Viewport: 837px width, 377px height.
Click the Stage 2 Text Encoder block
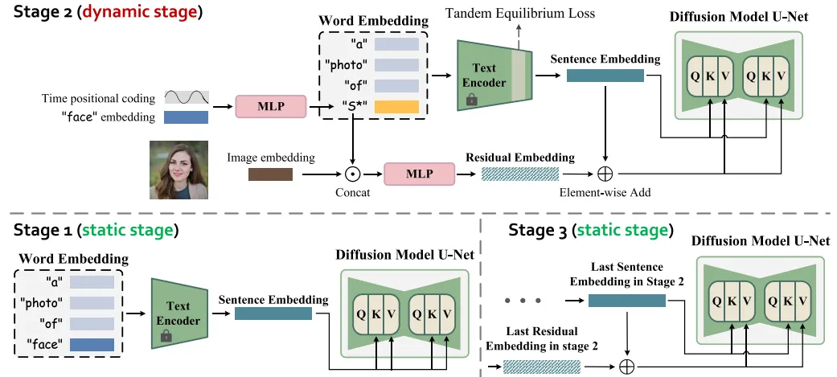[487, 76]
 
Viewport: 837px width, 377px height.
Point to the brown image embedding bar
[269, 174]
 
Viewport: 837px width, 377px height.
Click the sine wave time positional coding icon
[187, 98]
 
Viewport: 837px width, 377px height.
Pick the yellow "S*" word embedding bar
[396, 107]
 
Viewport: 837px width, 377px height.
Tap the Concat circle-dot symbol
[351, 174]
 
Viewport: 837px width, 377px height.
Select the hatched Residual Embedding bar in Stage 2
[519, 174]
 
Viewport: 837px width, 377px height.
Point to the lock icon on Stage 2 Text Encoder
[472, 100]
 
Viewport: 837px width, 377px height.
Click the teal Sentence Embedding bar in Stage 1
[273, 313]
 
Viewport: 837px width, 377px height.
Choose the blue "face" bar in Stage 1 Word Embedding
[91, 344]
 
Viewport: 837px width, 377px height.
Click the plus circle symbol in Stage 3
[627, 367]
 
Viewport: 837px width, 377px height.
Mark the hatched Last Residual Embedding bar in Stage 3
[542, 367]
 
